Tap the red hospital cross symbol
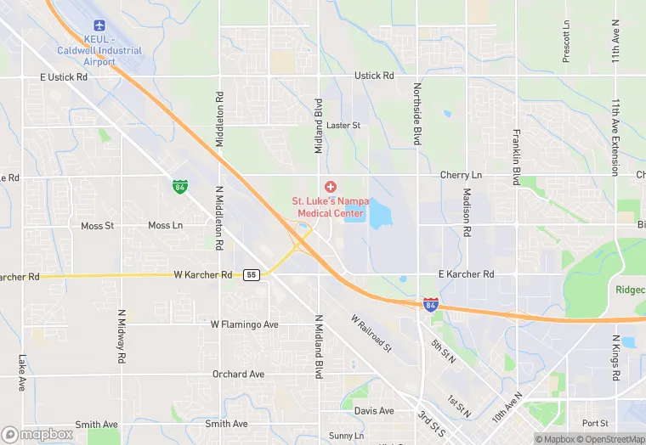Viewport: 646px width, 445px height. coord(330,186)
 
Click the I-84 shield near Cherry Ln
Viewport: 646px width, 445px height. coord(179,184)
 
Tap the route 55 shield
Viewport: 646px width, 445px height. coord(251,275)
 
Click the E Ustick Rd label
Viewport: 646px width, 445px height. coord(64,76)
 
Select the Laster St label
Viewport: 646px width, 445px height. coord(343,126)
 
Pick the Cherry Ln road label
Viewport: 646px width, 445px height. coord(461,175)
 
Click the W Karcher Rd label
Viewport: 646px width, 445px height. coord(203,275)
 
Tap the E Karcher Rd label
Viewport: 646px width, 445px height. coord(466,274)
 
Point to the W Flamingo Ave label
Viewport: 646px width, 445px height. coord(245,324)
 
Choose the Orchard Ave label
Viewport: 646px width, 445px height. coord(238,374)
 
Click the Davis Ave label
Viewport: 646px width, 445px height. coord(374,411)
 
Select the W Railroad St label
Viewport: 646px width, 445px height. coord(371,332)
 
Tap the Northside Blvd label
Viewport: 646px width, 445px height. coord(417,114)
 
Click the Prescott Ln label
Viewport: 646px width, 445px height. coord(566,41)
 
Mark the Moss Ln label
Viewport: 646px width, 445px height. coord(165,225)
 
